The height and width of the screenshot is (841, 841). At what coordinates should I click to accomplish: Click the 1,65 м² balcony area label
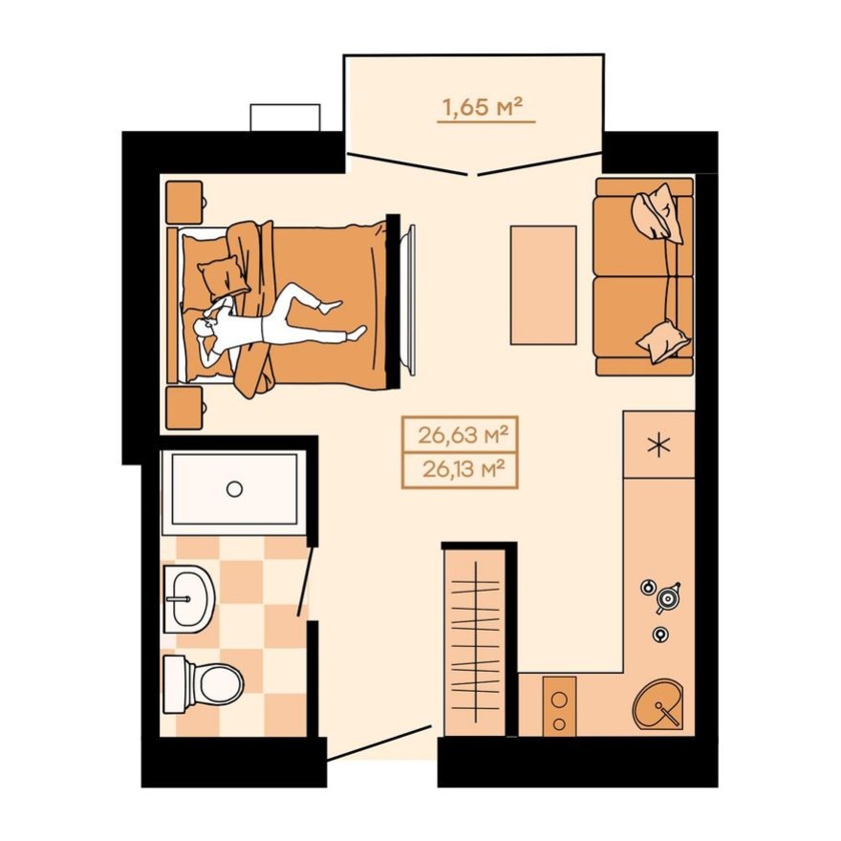[x=485, y=107]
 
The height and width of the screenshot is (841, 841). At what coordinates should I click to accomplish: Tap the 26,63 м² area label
[x=461, y=437]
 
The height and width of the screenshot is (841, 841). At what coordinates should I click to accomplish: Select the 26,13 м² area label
[x=461, y=469]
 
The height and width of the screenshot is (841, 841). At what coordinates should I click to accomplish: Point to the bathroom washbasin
[x=188, y=599]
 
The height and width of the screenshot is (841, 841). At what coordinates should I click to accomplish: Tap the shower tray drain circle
[x=234, y=488]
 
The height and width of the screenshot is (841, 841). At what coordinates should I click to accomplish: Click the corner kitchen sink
[x=659, y=705]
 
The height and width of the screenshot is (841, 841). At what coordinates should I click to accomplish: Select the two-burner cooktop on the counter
[x=559, y=705]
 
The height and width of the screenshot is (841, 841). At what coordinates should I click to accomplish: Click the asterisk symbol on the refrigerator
[x=658, y=445]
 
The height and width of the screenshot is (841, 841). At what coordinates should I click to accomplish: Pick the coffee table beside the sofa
[x=543, y=285]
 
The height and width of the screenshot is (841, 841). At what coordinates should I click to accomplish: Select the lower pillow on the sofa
[x=663, y=339]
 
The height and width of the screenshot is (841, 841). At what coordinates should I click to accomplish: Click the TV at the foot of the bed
[x=410, y=295]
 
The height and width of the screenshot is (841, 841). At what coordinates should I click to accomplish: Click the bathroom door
[x=305, y=585]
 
